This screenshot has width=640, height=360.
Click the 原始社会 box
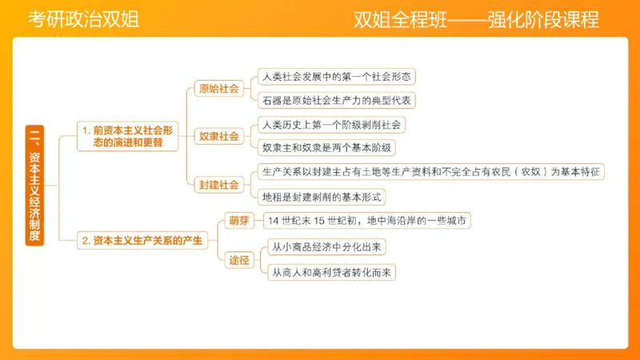tap(218, 89)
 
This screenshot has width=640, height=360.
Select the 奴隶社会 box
tap(218, 136)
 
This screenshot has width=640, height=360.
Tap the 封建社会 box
tap(218, 184)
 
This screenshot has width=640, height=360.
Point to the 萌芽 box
tap(239, 220)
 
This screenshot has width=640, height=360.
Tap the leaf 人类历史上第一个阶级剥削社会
tap(331, 124)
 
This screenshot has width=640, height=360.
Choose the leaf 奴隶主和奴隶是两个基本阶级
tap(328, 148)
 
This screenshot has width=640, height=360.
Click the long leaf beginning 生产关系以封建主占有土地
tap(431, 172)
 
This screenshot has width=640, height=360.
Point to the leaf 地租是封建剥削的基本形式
tap(323, 196)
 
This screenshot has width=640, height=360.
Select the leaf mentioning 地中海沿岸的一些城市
tap(368, 220)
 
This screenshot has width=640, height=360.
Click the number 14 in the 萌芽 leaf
tap(275, 220)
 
